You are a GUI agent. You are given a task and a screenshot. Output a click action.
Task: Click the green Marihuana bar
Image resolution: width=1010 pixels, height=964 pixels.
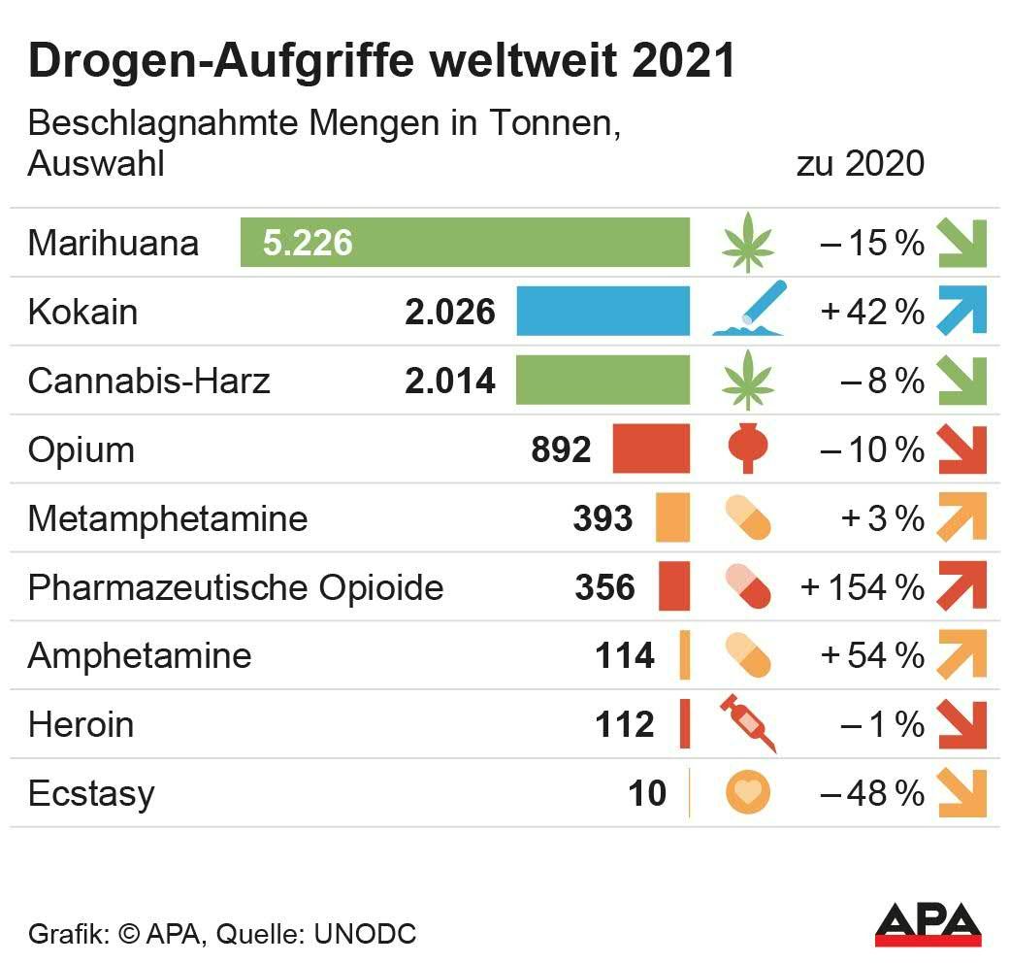point(466,243)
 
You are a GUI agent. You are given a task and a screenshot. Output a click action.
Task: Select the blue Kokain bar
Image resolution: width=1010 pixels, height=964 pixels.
point(603,312)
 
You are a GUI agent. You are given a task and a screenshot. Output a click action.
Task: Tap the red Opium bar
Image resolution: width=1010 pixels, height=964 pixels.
point(651,449)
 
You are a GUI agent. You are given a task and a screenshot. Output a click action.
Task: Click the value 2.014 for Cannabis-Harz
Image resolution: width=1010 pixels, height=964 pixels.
point(450,381)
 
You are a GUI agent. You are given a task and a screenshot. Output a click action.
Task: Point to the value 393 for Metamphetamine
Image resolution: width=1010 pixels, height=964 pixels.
point(603,518)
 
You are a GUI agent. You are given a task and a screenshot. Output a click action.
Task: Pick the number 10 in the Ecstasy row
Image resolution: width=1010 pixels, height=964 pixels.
point(647,793)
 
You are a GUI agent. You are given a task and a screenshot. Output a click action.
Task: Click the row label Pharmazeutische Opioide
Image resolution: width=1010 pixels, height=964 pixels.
point(236,587)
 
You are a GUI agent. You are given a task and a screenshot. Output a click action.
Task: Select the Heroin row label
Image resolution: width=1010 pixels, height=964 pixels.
point(81,724)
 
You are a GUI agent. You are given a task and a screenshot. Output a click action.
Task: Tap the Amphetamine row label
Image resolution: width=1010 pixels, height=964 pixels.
point(140,656)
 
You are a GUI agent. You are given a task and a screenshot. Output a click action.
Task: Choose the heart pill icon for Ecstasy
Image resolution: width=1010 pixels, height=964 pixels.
point(748,793)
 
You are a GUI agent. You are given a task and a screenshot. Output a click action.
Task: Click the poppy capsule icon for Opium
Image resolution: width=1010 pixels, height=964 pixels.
point(748,449)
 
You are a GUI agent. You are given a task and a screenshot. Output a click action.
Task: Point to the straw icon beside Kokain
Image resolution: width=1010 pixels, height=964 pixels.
point(748,311)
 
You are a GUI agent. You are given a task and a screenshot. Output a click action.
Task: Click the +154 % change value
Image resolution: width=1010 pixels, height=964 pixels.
point(862,587)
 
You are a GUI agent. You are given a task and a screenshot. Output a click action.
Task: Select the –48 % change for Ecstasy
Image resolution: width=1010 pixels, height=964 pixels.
point(871,793)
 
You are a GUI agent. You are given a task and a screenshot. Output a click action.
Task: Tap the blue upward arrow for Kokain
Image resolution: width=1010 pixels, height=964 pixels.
point(961,312)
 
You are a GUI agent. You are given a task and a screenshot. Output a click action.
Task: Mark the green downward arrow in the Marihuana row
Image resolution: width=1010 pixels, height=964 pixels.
point(961,243)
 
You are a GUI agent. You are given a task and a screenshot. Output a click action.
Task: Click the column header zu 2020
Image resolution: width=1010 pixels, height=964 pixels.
point(861,163)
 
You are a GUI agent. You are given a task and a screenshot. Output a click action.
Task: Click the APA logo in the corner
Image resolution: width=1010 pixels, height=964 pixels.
point(929,923)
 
